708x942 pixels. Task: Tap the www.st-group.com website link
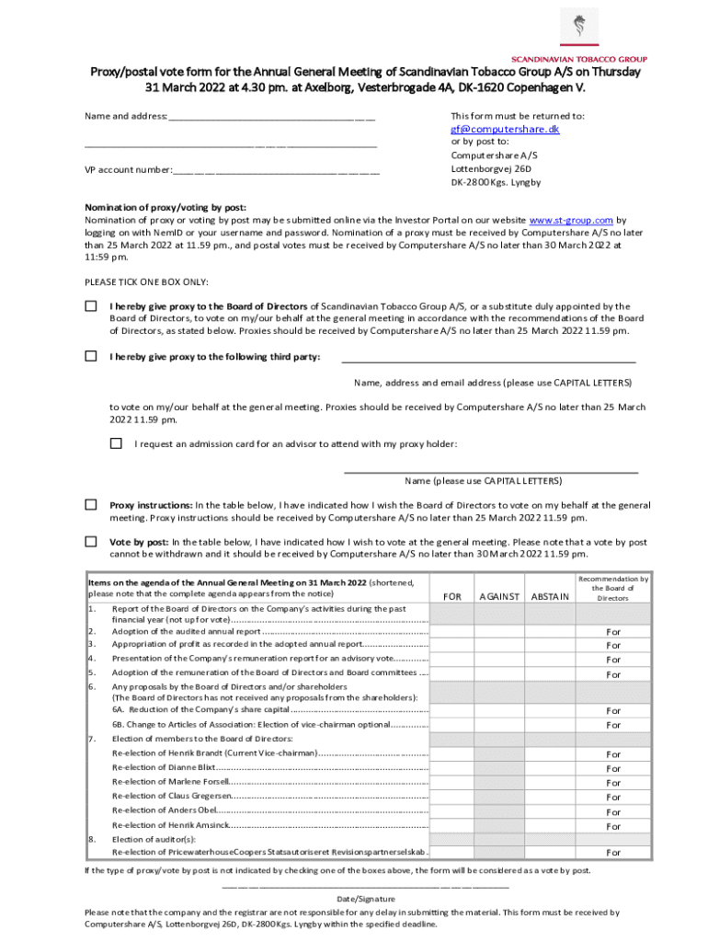(572, 220)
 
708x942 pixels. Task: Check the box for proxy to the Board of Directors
(91, 306)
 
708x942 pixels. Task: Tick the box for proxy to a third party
(91, 356)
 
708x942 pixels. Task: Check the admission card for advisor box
(116, 443)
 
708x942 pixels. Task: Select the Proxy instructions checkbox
(91, 504)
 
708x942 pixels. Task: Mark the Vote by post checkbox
(91, 542)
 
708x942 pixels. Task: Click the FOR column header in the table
(453, 597)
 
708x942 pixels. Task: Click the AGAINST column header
(500, 597)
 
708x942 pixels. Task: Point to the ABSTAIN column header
(550, 597)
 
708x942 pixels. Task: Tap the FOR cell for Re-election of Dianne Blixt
(453, 768)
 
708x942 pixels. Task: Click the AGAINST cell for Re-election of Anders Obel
(500, 811)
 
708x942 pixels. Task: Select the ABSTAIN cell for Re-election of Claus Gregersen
(550, 797)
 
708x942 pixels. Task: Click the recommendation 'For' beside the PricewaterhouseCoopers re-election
(612, 853)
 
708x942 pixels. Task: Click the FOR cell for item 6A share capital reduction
(453, 710)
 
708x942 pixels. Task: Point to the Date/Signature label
(366, 899)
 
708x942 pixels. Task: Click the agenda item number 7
(90, 739)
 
